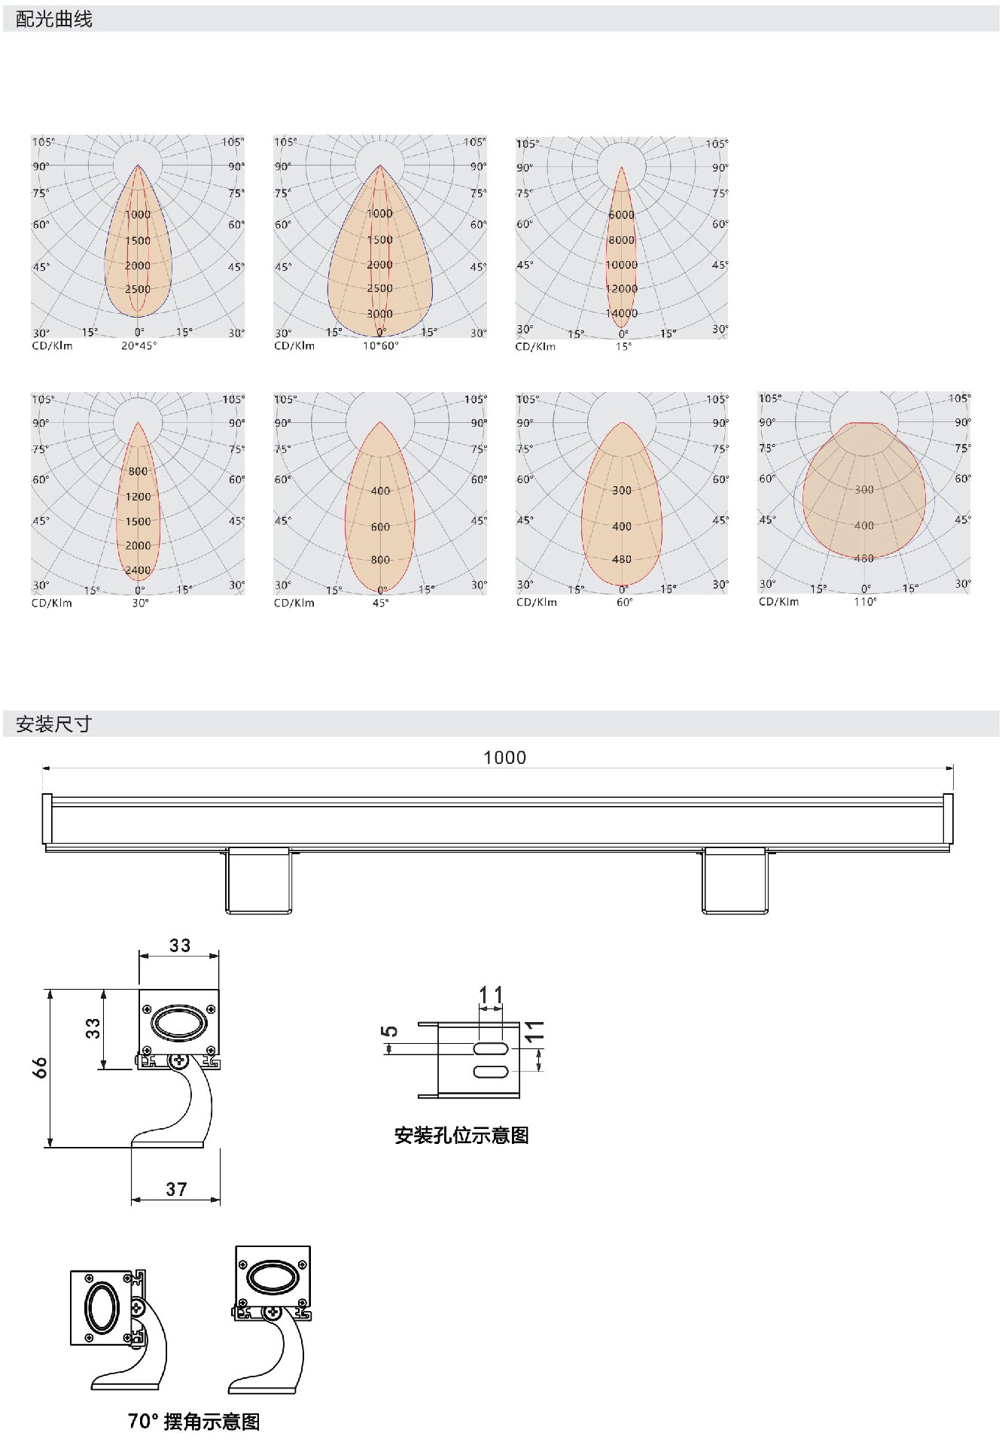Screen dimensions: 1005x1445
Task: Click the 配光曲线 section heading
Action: pos(54,20)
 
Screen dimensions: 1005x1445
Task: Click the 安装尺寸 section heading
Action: pos(53,724)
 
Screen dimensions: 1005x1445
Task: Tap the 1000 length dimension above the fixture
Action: pos(504,758)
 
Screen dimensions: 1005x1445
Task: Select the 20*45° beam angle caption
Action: pos(139,346)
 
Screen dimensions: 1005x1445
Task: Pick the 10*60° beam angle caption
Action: pos(381,346)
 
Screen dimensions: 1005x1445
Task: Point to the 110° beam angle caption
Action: pos(865,602)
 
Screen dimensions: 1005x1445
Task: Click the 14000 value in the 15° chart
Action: pos(622,313)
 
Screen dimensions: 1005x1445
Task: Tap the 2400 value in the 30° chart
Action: pos(138,570)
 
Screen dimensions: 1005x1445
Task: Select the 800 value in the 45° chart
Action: pos(380,560)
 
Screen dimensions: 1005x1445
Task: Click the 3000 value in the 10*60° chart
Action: pos(380,314)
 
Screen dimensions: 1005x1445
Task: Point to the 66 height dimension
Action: pos(39,1067)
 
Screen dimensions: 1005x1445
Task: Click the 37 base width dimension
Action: pos(176,1189)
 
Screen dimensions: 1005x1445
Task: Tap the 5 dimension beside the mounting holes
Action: pos(389,1030)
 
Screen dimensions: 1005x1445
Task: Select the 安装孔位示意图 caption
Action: pos(461,1135)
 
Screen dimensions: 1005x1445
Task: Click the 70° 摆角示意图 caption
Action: pos(193,1421)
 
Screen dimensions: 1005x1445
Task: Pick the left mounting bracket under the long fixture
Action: pos(258,881)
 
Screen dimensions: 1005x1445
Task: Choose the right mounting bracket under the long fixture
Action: pos(735,881)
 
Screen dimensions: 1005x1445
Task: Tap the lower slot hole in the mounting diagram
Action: pos(491,1072)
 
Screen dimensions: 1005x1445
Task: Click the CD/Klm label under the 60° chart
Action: pos(537,602)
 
